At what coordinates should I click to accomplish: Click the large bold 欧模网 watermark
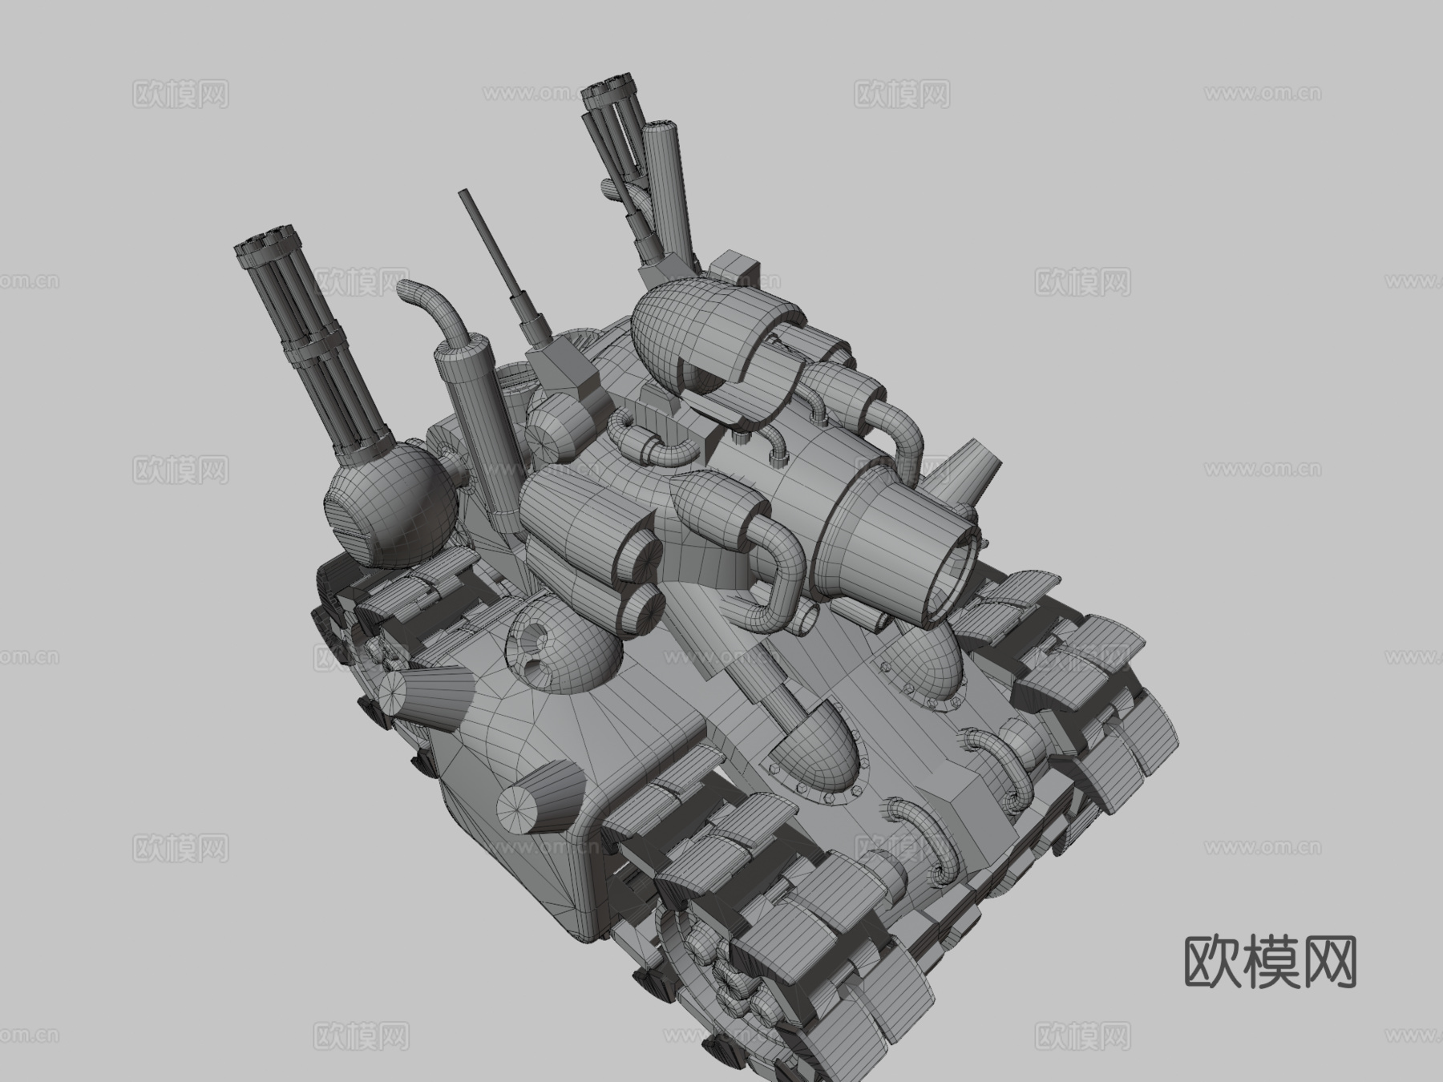tap(1270, 962)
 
